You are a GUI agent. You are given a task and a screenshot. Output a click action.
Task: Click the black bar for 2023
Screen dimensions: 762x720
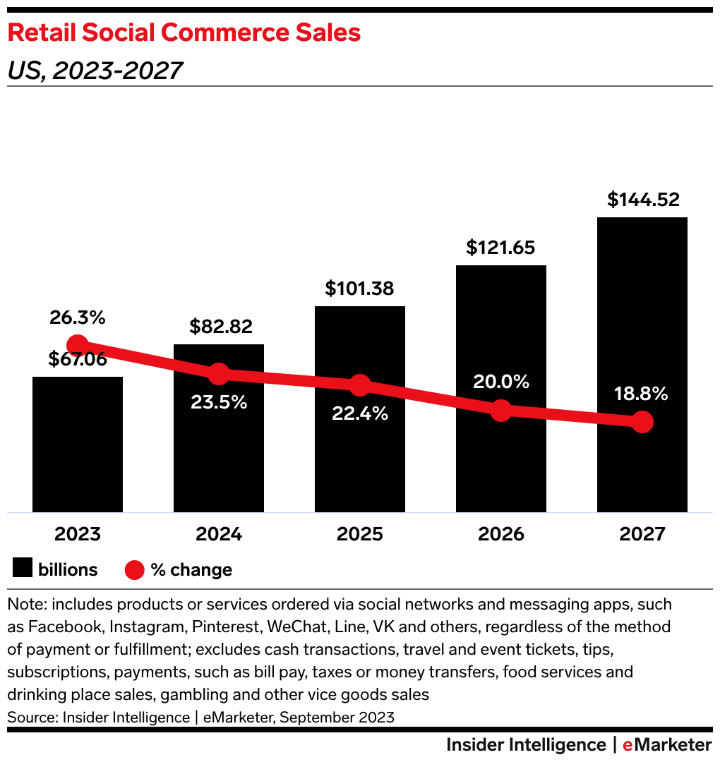click(x=78, y=445)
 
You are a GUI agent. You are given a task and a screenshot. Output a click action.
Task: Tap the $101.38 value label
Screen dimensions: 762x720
click(x=359, y=289)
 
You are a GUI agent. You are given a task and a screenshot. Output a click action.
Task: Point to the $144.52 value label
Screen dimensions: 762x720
click(x=643, y=200)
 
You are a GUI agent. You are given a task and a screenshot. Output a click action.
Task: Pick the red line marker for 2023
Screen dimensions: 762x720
click(x=78, y=345)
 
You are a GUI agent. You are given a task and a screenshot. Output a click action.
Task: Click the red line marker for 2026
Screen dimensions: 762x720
click(x=500, y=410)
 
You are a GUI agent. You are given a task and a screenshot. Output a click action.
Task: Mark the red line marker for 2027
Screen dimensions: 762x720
click(x=642, y=422)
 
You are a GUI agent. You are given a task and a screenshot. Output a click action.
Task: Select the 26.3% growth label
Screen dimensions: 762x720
click(x=78, y=318)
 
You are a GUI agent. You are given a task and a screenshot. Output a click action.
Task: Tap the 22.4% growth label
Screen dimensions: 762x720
click(x=360, y=413)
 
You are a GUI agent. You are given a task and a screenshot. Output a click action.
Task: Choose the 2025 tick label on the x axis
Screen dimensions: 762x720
click(x=360, y=533)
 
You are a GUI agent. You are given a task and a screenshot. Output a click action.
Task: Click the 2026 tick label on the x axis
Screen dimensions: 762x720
click(x=501, y=533)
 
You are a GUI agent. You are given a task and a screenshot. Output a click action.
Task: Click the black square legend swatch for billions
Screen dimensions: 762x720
click(x=23, y=569)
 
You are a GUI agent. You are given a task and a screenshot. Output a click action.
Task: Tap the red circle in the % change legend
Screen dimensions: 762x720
click(x=135, y=569)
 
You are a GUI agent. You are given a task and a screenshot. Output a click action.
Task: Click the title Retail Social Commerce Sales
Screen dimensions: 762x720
click(x=184, y=33)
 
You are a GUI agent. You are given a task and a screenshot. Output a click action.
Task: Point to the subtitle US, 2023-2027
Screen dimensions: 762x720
click(x=95, y=71)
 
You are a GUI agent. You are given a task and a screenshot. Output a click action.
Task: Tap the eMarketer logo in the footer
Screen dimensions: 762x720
click(x=667, y=745)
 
